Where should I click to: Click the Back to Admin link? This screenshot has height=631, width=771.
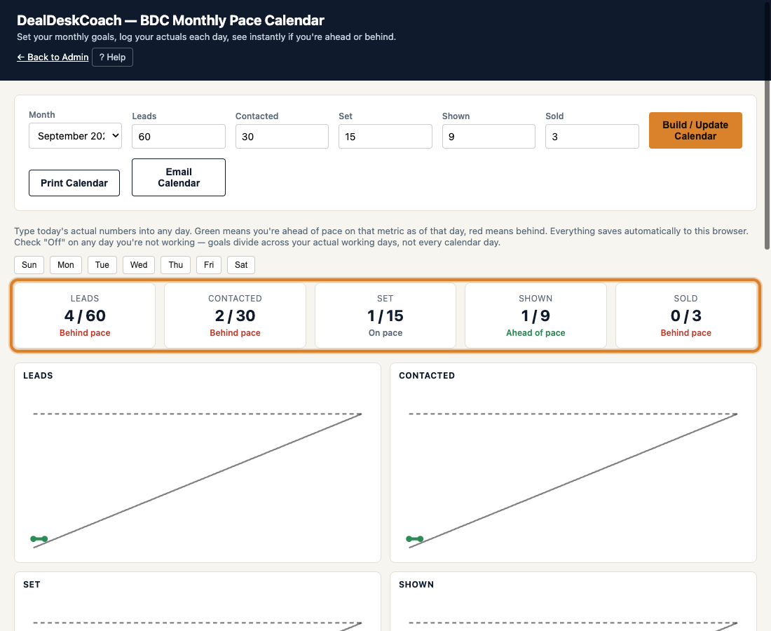(x=53, y=57)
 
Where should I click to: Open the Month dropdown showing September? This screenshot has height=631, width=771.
(x=75, y=136)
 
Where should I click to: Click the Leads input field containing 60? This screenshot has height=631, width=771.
(x=179, y=136)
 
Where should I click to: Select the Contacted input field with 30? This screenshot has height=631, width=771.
(x=282, y=136)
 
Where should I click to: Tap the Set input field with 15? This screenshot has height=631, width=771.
(x=385, y=136)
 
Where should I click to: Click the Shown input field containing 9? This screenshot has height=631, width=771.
(x=489, y=136)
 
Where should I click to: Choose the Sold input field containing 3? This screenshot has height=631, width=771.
(x=592, y=136)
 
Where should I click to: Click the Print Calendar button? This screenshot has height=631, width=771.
(x=74, y=183)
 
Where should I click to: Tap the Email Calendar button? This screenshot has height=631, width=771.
(x=179, y=177)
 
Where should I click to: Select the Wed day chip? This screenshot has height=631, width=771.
(x=139, y=264)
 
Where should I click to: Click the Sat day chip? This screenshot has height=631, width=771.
(x=241, y=264)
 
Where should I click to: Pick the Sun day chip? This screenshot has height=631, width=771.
(x=29, y=264)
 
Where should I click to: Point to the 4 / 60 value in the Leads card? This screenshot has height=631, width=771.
(x=85, y=315)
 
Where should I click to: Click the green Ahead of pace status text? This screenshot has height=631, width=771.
(x=535, y=333)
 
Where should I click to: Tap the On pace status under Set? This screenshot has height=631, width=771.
(x=385, y=333)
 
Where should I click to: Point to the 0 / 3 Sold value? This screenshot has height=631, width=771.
(x=686, y=315)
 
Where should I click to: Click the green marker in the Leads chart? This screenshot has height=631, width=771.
(x=39, y=539)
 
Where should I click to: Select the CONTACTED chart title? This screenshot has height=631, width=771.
(x=427, y=376)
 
